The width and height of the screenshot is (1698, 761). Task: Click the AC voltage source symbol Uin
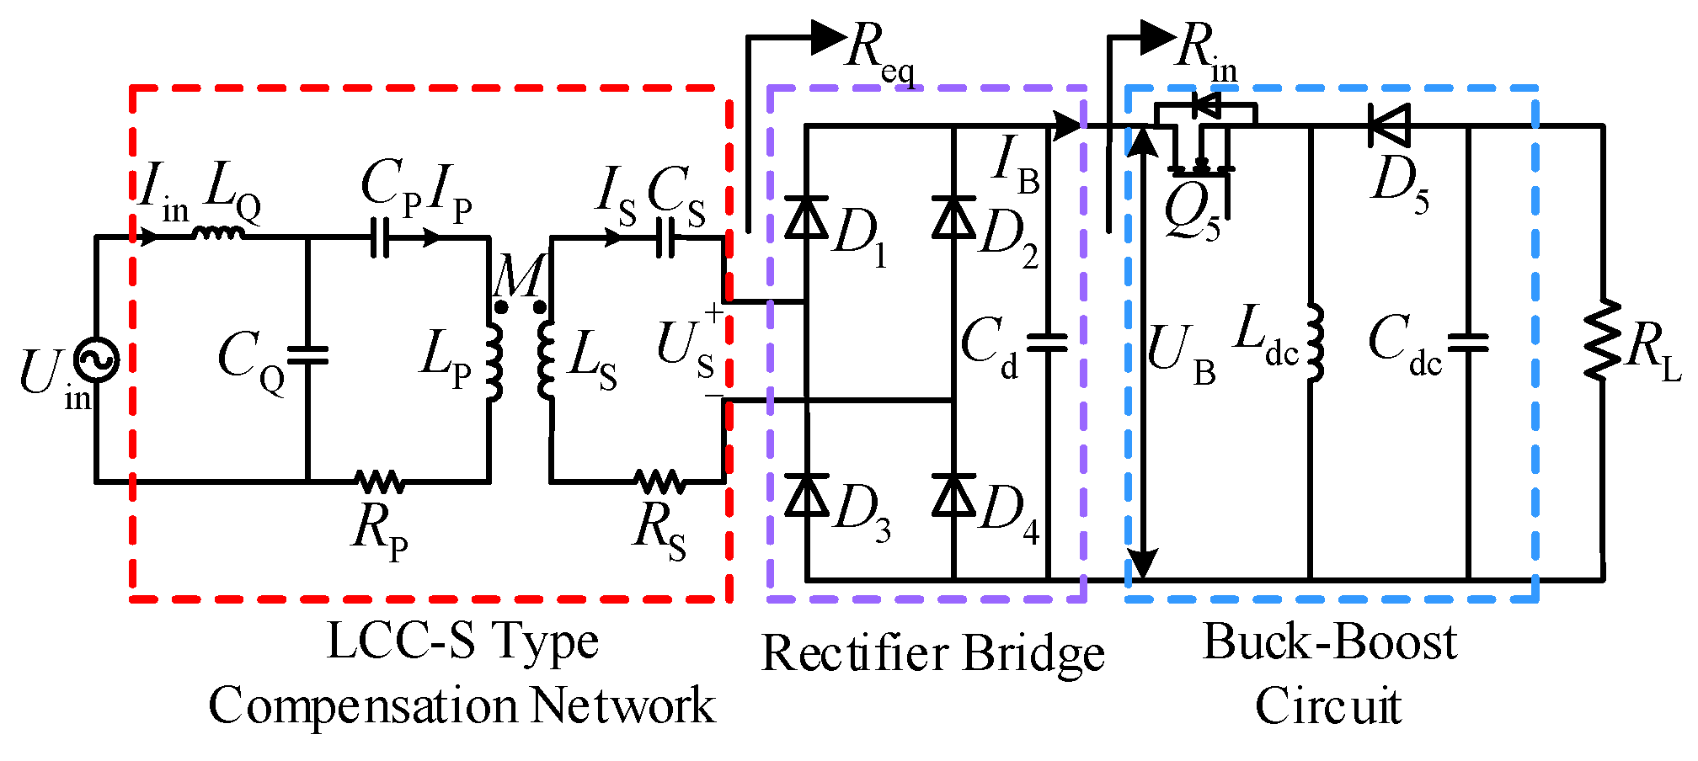(x=96, y=359)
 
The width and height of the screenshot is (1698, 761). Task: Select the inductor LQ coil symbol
(x=219, y=232)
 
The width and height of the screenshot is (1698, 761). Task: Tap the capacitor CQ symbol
(x=307, y=355)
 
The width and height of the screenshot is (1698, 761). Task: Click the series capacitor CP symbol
(x=380, y=237)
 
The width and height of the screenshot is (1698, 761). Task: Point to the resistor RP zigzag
(x=380, y=482)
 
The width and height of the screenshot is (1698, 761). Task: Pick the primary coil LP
(x=494, y=359)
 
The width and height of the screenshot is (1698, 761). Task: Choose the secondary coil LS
(x=547, y=359)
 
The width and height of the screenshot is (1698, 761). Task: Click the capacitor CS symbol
(x=665, y=237)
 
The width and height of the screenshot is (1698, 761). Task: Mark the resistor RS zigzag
(x=660, y=482)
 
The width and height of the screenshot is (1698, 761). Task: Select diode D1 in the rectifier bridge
(x=806, y=216)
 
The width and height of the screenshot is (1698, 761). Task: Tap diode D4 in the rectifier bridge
(x=953, y=495)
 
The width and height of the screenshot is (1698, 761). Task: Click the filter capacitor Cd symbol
(x=1048, y=342)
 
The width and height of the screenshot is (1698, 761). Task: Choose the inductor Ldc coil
(x=1313, y=343)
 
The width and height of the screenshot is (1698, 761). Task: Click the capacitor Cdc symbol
(x=1469, y=342)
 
